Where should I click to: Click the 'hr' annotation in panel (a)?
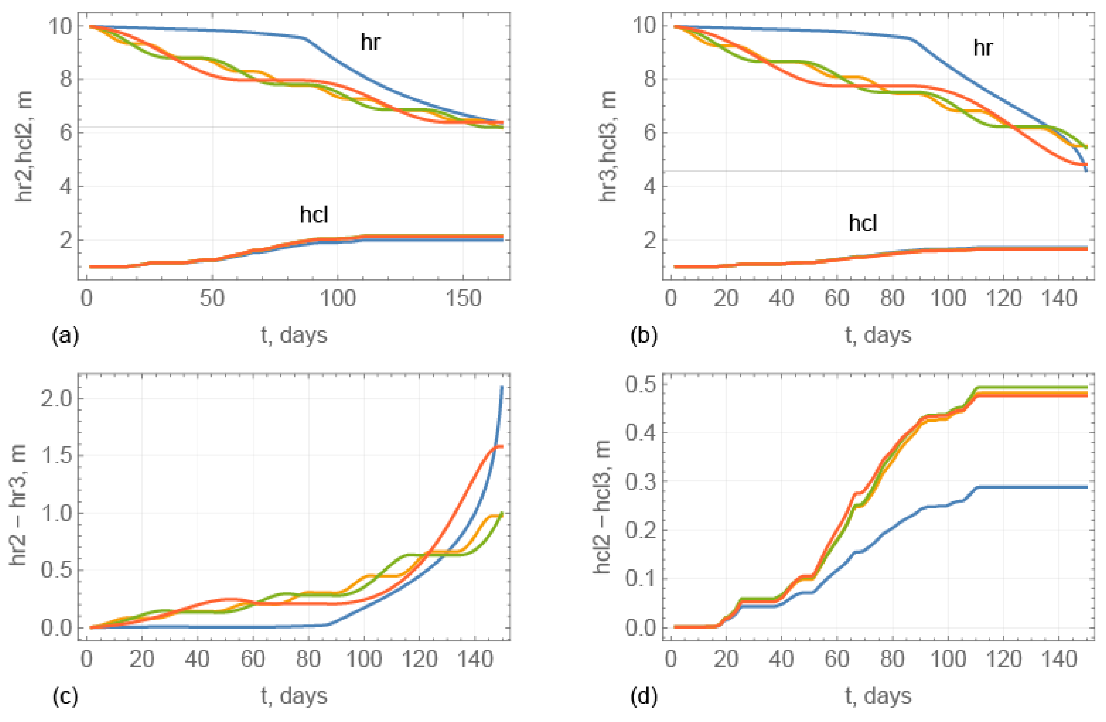[370, 42]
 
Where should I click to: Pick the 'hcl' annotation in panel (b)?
[863, 223]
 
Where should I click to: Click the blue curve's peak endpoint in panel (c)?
[502, 387]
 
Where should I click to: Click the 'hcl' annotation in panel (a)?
[314, 215]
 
